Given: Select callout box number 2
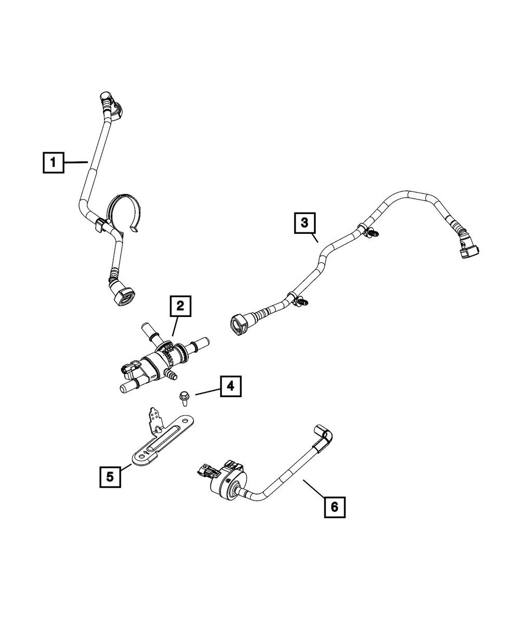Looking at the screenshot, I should point(179,307).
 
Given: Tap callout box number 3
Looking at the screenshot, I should point(304,224).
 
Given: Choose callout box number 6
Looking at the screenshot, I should point(334,506).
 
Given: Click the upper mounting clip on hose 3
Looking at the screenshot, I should point(370,233).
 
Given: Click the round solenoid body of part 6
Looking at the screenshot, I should point(227,485).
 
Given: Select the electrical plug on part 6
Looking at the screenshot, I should point(205,470).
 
